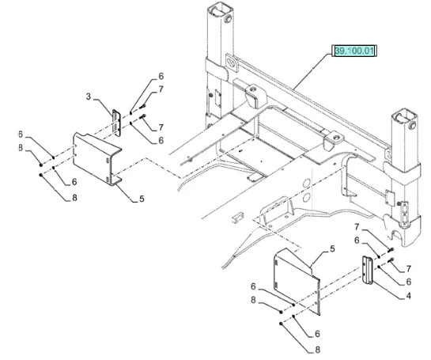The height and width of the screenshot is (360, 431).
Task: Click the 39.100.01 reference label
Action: point(354,51)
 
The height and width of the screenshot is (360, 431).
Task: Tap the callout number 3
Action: point(89,97)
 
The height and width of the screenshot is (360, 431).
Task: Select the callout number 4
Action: point(408,296)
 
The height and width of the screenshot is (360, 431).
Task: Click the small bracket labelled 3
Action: point(116,123)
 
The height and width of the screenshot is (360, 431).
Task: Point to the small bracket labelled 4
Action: point(368,270)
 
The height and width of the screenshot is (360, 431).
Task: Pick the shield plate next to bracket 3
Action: point(97,158)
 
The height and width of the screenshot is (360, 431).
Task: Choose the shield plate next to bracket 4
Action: point(297,281)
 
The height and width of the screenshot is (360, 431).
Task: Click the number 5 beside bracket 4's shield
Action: point(332,249)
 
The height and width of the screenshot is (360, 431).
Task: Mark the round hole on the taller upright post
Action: point(228,19)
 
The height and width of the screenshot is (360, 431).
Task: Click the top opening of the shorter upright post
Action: point(405,116)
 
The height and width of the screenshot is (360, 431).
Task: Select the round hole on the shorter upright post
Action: point(412,126)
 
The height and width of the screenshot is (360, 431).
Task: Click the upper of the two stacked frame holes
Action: point(307,183)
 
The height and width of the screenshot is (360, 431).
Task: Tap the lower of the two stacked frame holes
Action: point(307,197)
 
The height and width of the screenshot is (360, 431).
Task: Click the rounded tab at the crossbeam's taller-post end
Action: point(233,63)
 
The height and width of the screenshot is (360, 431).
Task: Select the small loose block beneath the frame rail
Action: point(237,217)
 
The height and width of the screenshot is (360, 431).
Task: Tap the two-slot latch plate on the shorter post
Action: point(405,212)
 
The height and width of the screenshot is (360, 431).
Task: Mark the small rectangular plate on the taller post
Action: point(217,99)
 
